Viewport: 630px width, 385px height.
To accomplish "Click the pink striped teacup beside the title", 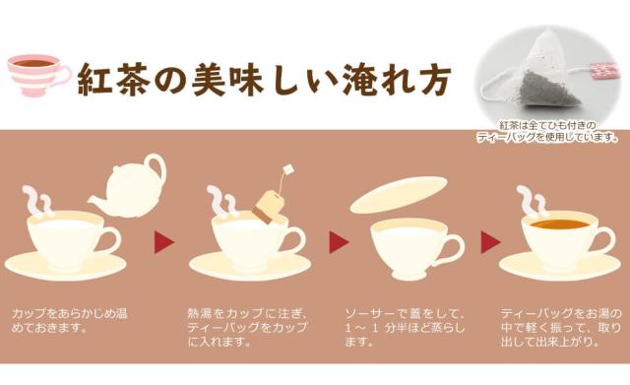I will (36, 73).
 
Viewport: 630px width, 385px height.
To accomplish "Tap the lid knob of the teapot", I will (155, 160).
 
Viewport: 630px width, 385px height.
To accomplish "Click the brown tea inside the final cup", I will (557, 225).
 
